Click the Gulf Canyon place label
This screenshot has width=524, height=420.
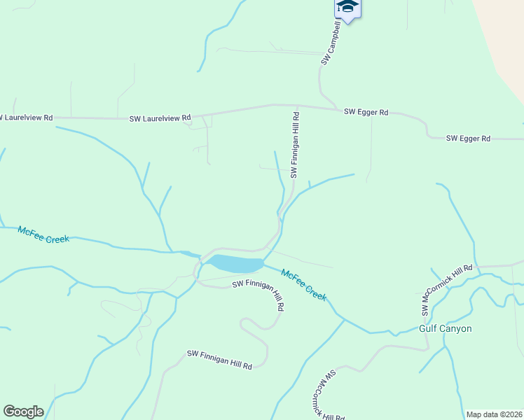[x=445, y=328]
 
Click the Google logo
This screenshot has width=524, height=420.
[x=23, y=412]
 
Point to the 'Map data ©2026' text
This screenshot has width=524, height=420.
[x=494, y=414]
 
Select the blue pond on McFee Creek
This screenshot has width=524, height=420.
[x=233, y=264]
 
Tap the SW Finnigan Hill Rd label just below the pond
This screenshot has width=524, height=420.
[x=258, y=293]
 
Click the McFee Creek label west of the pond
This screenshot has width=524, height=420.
[x=43, y=234]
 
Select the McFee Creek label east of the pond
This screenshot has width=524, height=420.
[x=304, y=285]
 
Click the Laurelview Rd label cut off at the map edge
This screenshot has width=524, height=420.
[x=27, y=118]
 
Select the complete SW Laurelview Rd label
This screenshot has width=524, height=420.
[x=160, y=118]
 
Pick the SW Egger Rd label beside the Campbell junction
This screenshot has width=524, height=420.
[x=366, y=112]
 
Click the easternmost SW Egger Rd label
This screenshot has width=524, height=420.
[x=468, y=139]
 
